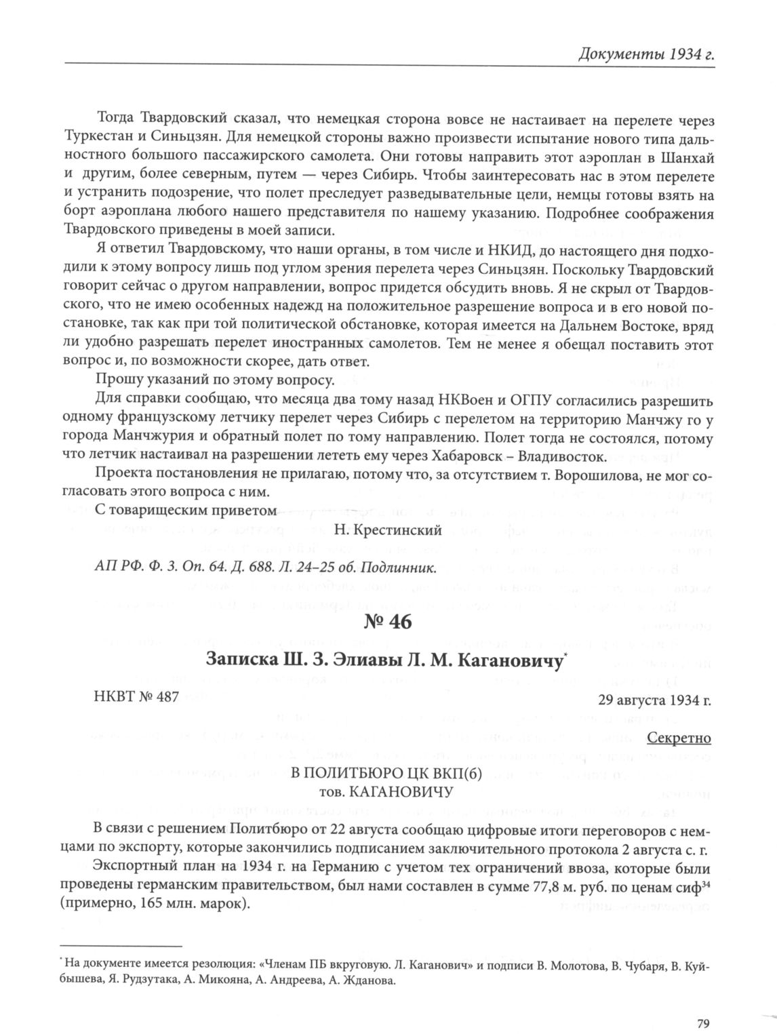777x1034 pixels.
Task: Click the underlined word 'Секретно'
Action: (x=679, y=737)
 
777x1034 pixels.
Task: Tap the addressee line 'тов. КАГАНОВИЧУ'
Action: (x=385, y=792)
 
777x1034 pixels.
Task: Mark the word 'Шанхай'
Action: (x=690, y=157)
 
